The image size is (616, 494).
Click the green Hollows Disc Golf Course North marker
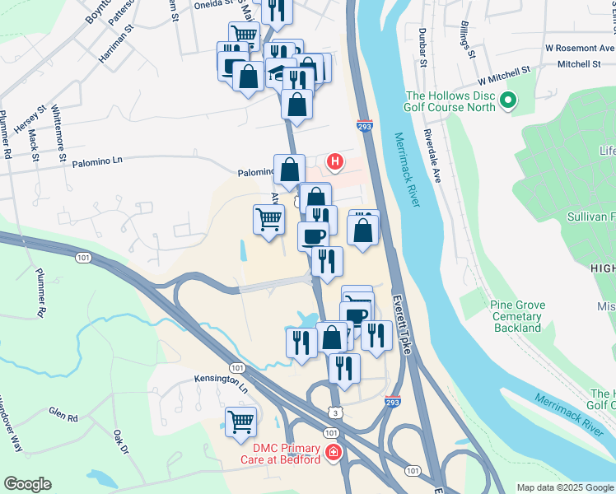click(508, 101)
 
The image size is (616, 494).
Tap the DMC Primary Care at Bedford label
click(279, 453)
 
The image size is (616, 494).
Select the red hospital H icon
click(335, 161)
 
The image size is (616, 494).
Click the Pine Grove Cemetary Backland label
click(518, 316)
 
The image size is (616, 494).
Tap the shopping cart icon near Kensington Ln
click(240, 422)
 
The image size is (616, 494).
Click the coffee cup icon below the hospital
click(313, 236)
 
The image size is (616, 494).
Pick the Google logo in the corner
click(27, 484)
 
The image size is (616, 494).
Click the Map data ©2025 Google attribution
click(564, 487)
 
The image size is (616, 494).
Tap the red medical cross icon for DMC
click(332, 453)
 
